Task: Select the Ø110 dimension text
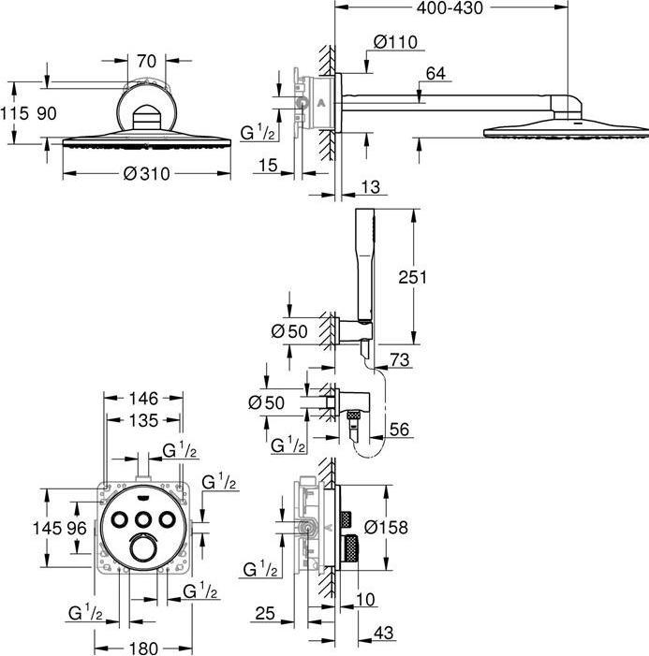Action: click(x=394, y=41)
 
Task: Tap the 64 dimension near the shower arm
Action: click(x=435, y=73)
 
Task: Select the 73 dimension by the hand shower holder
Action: click(x=401, y=360)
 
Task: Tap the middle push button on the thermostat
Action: click(x=144, y=519)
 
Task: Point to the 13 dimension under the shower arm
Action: click(x=372, y=188)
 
